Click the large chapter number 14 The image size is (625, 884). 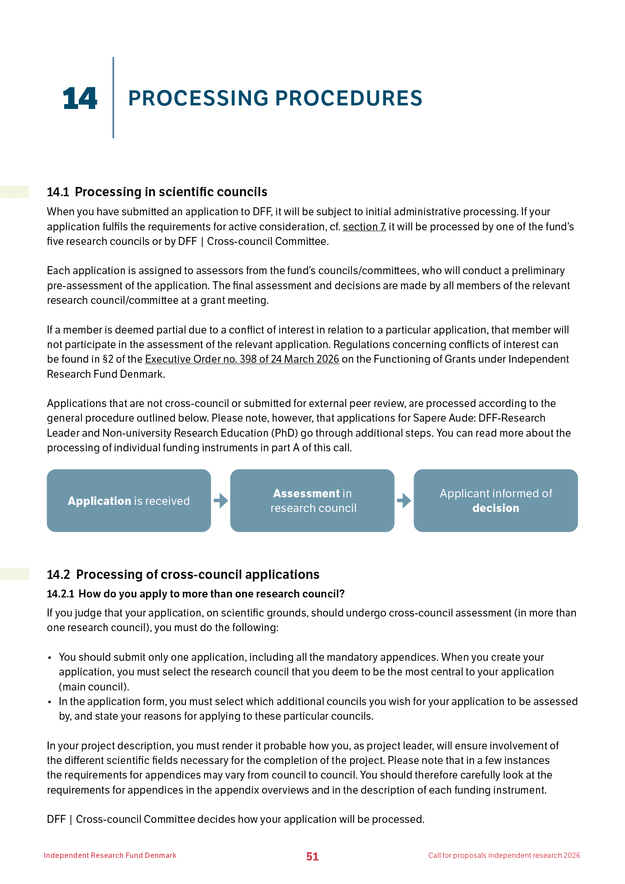(80, 98)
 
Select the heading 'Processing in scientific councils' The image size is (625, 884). (171, 192)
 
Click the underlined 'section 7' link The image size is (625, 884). (363, 227)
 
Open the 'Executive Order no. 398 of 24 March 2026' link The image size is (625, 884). (242, 359)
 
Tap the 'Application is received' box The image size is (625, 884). (129, 500)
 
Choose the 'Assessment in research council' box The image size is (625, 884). (312, 500)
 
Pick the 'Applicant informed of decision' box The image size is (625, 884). (495, 500)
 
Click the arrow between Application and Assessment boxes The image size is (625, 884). (220, 501)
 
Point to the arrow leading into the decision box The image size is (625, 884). (404, 501)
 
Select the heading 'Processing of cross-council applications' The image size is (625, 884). (197, 574)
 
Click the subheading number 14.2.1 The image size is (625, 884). (61, 594)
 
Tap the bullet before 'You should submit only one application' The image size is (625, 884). (50, 658)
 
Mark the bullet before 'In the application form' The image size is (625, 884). (50, 702)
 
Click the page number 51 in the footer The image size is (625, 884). (312, 857)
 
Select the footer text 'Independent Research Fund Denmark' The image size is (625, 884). (110, 855)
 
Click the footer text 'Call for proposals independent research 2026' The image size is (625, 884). (504, 855)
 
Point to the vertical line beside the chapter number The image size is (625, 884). (113, 97)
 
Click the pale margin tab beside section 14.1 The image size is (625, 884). (14, 192)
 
